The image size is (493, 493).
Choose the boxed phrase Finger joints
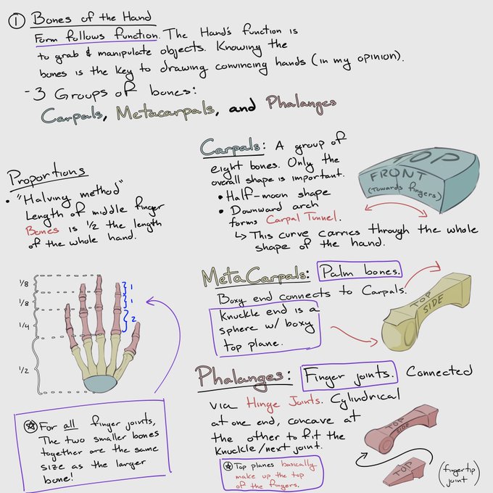coord(348,375)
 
